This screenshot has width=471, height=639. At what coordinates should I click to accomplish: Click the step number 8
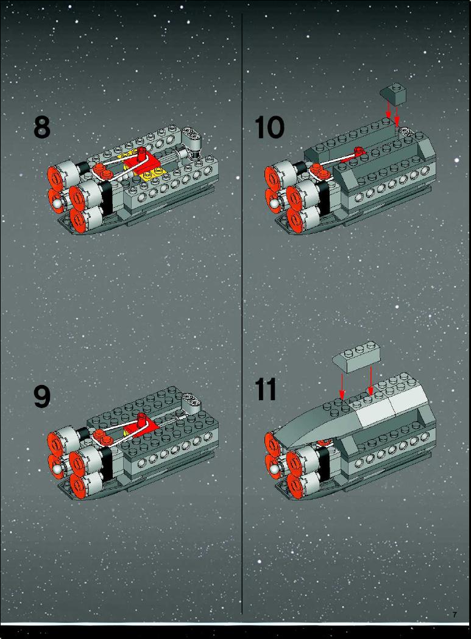pos(41,127)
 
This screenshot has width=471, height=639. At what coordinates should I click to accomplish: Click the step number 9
pos(41,396)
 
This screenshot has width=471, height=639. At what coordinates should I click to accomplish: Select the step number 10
pos(269,127)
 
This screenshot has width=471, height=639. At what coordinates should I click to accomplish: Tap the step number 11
pos(266,389)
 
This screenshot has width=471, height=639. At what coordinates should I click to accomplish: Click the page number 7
pos(455,615)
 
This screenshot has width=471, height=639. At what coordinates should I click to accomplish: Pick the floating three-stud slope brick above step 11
pos(357,357)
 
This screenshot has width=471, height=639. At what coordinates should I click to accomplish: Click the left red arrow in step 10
pos(389,109)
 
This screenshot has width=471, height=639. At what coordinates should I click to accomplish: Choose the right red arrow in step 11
pos(370,381)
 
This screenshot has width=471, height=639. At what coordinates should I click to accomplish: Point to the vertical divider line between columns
pos(243,314)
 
